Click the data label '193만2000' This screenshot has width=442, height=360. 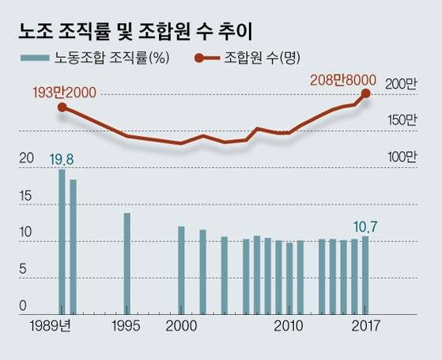(x=62, y=93)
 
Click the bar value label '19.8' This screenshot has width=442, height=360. (x=61, y=160)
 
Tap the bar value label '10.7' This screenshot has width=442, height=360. (x=364, y=226)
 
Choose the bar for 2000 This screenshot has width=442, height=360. (x=181, y=270)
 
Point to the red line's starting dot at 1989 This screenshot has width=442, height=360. (x=62, y=107)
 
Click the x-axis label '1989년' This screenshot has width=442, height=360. (x=51, y=326)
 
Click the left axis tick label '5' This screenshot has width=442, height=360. (x=25, y=270)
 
